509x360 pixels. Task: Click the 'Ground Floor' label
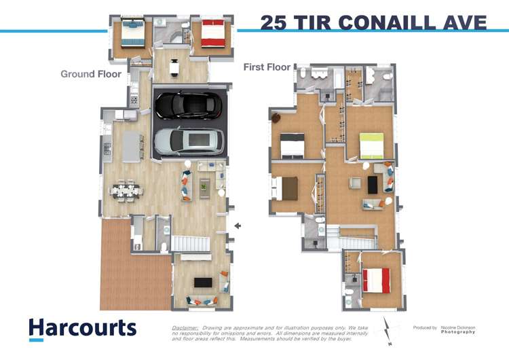click(x=91, y=74)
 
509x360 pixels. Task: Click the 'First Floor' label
click(x=267, y=67)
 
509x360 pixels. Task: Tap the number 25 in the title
click(x=274, y=22)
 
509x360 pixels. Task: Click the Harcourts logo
click(x=82, y=329)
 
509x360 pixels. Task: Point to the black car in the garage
click(x=187, y=105)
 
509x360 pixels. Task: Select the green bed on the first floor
click(x=371, y=145)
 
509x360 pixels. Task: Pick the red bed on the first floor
click(x=376, y=280)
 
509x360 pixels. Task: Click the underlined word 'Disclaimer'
click(x=185, y=327)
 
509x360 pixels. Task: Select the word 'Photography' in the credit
click(x=458, y=332)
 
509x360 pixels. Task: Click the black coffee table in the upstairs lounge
click(x=372, y=184)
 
